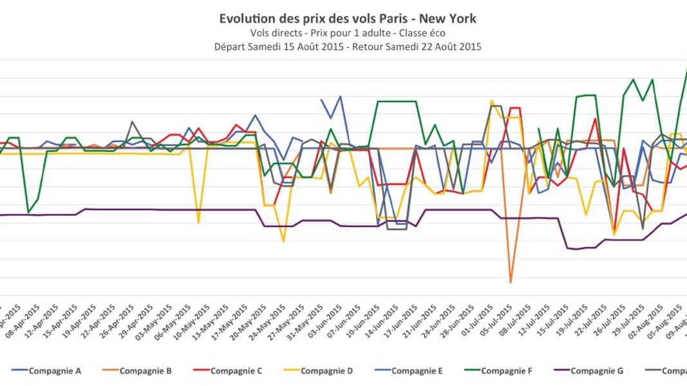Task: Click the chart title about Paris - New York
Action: pos(348,19)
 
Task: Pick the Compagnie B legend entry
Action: pos(145,371)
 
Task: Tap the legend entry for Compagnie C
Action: pos(236,371)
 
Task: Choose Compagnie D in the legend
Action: pos(326,371)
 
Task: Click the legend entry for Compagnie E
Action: pos(417,371)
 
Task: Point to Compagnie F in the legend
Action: pos(507,371)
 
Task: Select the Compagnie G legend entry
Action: pos(596,371)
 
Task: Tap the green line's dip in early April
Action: pos(28,212)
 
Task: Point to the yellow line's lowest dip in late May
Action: pos(283,241)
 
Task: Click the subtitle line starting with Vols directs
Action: pos(348,33)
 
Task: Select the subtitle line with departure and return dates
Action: pos(348,46)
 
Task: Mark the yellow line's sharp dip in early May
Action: pos(198,223)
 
